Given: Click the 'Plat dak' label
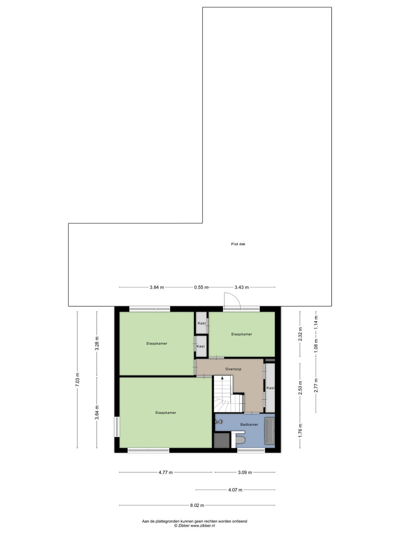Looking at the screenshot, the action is (238, 244).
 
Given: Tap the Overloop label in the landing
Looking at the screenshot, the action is (233, 369).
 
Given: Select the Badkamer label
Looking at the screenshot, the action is (249, 425).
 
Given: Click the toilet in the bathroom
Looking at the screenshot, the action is (240, 440).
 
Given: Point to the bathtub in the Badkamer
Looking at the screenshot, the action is (270, 432).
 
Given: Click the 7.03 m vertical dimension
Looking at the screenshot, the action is (77, 379).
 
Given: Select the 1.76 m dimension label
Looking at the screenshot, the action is (300, 430).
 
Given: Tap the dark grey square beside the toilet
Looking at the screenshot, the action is (222, 440).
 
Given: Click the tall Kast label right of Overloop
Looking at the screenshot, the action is (270, 388).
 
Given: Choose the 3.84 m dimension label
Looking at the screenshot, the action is (157, 287).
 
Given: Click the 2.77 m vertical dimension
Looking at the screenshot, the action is (316, 385).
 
